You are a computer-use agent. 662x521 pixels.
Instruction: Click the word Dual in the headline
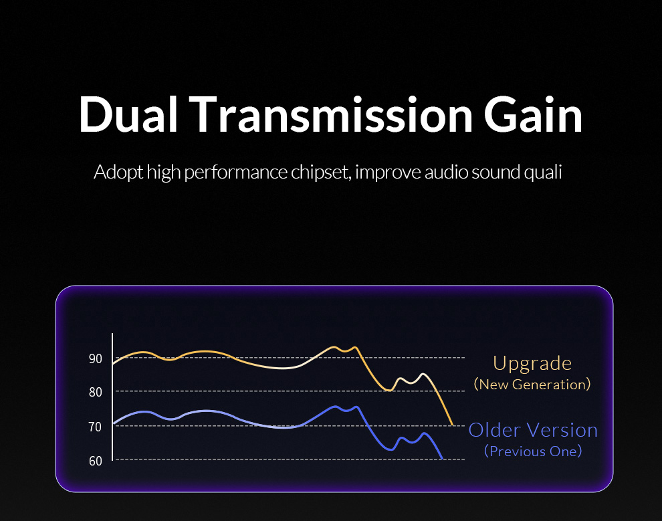(128, 114)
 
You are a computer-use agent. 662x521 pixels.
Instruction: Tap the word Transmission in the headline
(330, 114)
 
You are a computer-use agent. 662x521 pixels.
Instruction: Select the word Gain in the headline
(533, 114)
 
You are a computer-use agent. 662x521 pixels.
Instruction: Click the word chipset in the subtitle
(321, 173)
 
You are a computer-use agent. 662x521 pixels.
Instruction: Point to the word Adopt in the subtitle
(118, 173)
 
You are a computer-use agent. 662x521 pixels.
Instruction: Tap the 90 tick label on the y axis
(96, 359)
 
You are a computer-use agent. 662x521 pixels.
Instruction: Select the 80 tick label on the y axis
(96, 392)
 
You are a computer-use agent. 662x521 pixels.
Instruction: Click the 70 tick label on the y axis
(96, 427)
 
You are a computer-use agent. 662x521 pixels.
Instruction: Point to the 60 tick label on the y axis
(96, 461)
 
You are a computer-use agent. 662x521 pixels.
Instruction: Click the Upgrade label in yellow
(532, 364)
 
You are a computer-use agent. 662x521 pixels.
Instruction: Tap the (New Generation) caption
(532, 385)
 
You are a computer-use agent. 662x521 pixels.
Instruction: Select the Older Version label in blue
(533, 430)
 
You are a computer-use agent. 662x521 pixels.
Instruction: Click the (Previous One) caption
(533, 451)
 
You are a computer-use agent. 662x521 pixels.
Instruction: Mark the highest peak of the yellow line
(334, 347)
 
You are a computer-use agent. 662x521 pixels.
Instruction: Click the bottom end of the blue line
(442, 458)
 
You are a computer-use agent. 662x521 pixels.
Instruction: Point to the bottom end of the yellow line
(453, 425)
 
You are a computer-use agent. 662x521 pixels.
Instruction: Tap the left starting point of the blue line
(114, 423)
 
